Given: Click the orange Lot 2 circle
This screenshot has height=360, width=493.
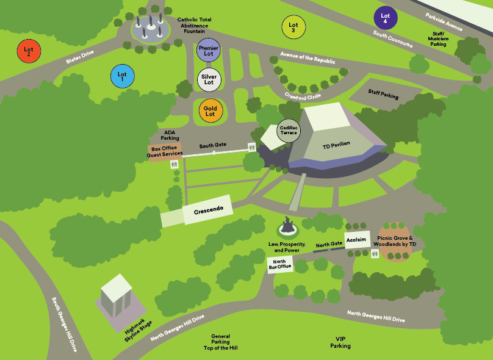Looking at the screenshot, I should coord(29,50).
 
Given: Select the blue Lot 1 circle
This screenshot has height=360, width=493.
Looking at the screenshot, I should coord(122,76).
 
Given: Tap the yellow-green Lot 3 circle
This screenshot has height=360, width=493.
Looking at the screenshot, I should coord(293,27).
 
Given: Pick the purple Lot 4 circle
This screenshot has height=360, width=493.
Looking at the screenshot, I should coord(385,18).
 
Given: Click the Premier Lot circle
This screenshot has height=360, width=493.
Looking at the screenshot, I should coord(209,51).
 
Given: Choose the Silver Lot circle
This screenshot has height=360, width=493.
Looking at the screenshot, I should coord(209,79).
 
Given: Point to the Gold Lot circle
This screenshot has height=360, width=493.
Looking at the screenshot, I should coord(211,111).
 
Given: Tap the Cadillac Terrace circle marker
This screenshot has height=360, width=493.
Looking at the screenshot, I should coord(288,129).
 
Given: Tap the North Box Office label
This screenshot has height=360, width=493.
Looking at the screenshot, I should coord(280,264).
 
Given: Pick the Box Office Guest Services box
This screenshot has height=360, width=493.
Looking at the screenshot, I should coord(165,152).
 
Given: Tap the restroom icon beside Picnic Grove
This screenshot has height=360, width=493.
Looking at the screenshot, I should coord(373,255).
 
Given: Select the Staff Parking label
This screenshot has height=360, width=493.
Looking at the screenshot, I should coord(383,94).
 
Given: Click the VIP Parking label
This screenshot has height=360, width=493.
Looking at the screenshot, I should coord(340,342).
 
